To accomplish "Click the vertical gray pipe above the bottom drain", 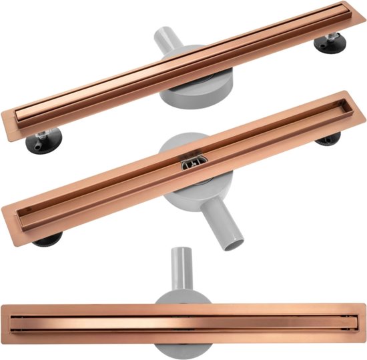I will point(179,267).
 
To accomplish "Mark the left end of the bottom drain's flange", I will point(5,326).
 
